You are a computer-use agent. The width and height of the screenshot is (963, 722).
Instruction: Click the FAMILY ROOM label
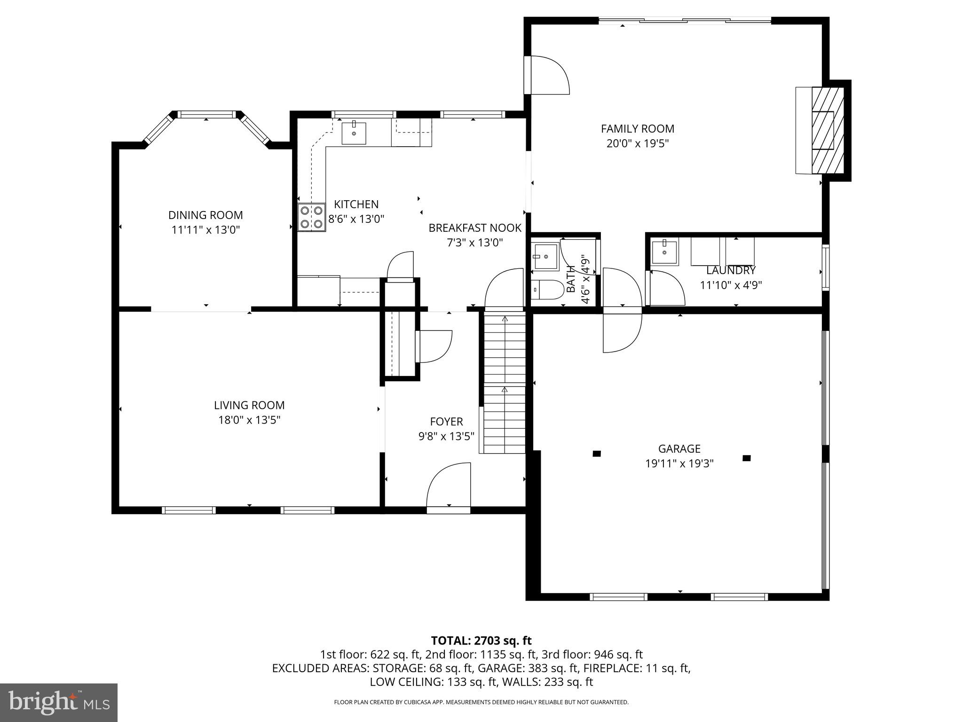(637, 129)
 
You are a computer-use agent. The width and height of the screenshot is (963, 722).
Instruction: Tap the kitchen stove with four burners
(311, 217)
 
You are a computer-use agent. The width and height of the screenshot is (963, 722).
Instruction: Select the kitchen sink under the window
(354, 133)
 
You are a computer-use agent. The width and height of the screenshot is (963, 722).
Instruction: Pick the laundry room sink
(664, 252)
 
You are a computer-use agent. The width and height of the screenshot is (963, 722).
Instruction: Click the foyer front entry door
(449, 487)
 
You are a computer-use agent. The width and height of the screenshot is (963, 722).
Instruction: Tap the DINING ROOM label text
(205, 215)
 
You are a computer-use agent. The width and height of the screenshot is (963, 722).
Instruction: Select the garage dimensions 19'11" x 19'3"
(679, 463)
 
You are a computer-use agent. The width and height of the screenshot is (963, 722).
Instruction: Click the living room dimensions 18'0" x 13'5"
(249, 420)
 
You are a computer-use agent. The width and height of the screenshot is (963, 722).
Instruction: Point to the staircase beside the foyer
(505, 383)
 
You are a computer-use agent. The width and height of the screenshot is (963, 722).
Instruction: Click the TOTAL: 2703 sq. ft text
(481, 640)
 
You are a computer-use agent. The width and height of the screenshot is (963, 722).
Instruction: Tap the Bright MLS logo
(59, 702)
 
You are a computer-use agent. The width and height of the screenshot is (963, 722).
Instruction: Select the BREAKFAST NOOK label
(475, 228)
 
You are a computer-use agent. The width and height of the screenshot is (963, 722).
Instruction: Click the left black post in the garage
(597, 454)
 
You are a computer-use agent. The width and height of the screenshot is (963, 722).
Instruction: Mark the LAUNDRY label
(731, 271)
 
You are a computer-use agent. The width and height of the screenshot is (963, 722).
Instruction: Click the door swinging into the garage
(622, 331)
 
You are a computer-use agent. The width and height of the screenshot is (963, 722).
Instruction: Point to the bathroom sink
(545, 257)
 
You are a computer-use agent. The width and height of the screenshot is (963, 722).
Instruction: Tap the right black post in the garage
(746, 458)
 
